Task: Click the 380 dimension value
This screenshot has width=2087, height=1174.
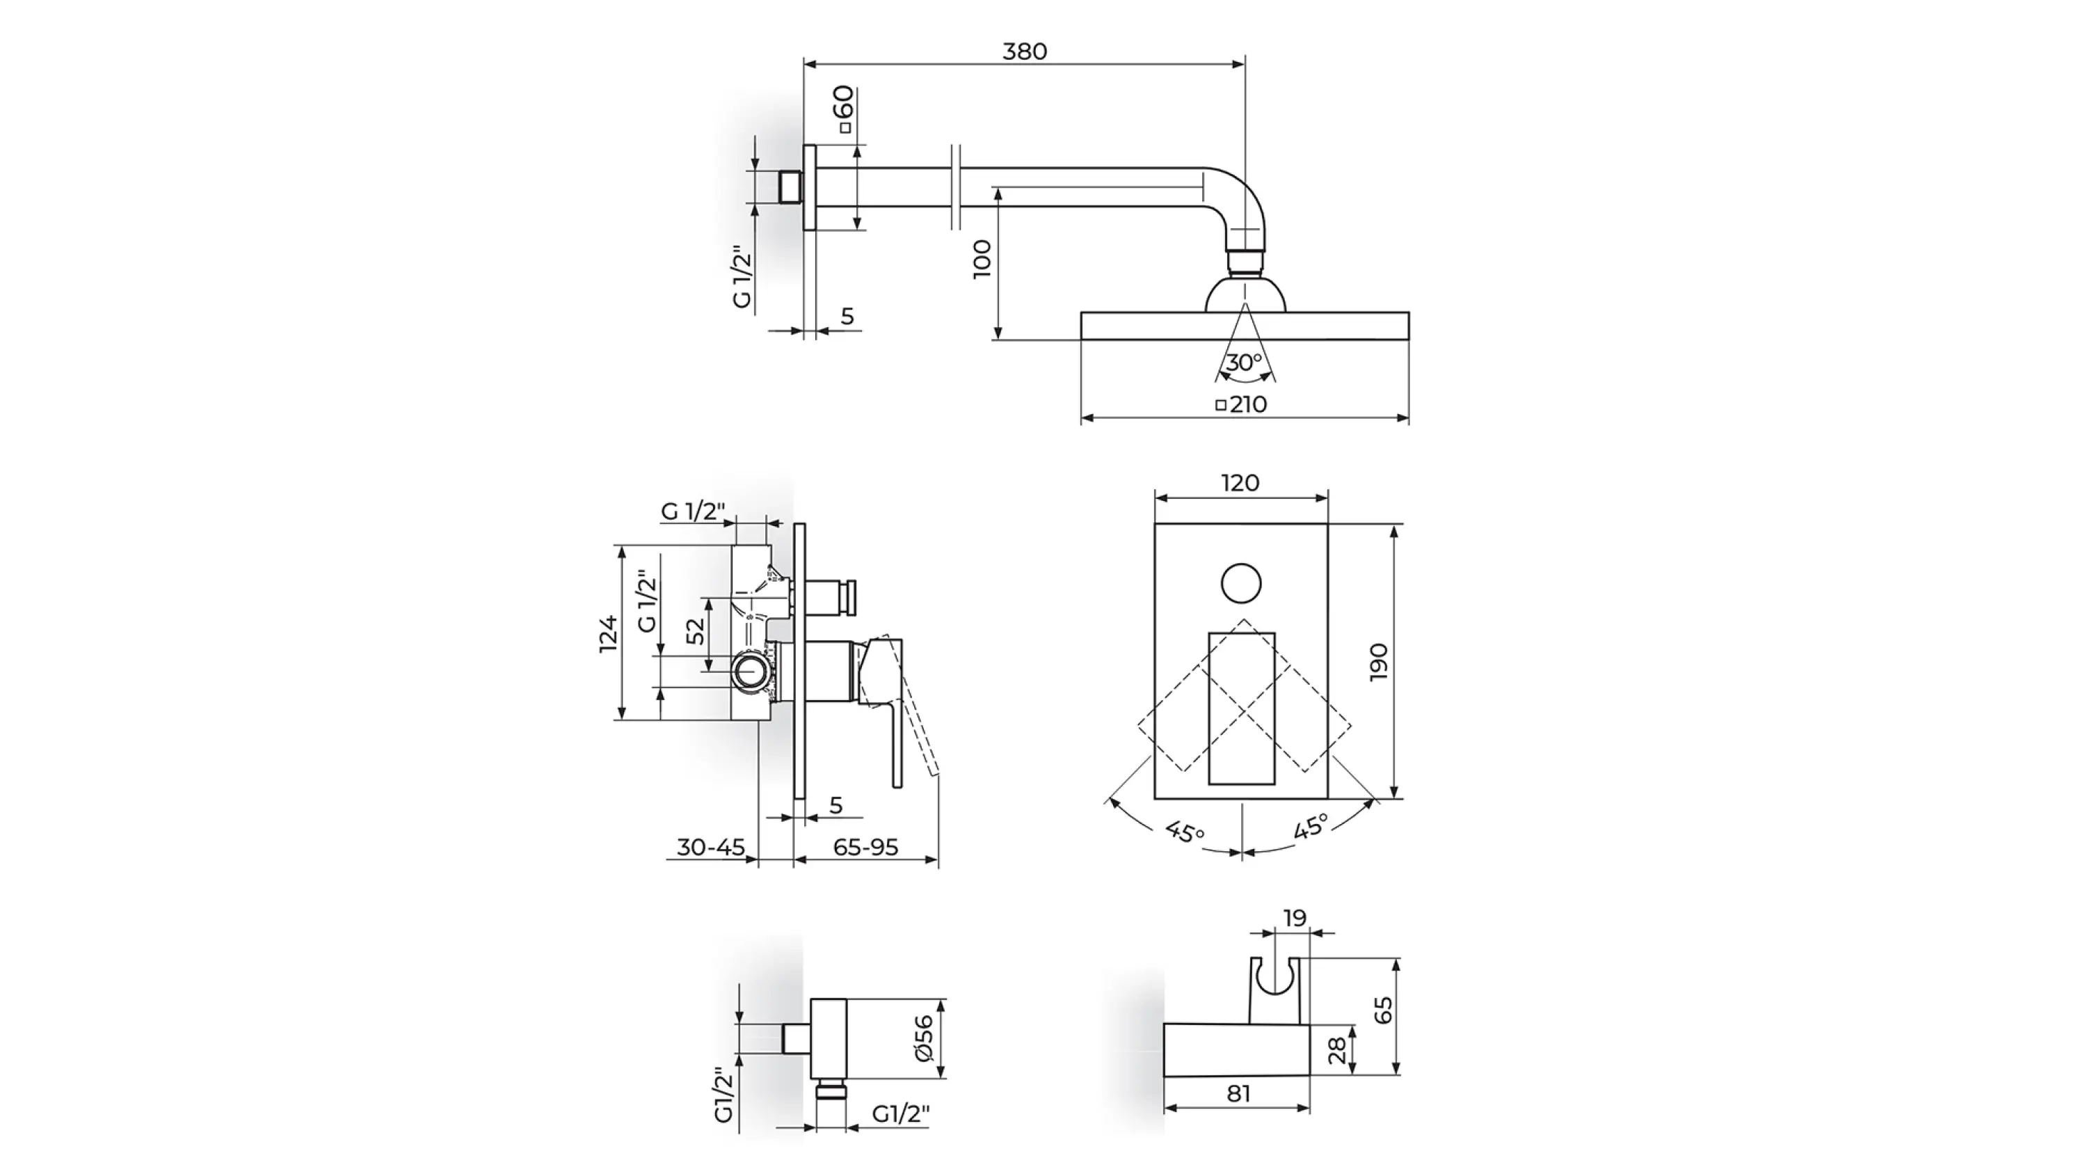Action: pyautogui.click(x=1025, y=51)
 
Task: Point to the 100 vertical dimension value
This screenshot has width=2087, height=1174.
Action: pyautogui.click(x=982, y=258)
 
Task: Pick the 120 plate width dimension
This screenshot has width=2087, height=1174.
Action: pyautogui.click(x=1240, y=483)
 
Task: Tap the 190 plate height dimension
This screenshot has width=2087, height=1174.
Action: pyautogui.click(x=1378, y=662)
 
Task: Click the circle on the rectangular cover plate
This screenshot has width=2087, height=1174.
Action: pyautogui.click(x=1241, y=583)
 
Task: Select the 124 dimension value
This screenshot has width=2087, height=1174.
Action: pyautogui.click(x=609, y=633)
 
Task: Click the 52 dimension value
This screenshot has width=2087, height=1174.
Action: pyautogui.click(x=696, y=631)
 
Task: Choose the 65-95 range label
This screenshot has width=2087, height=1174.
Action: pyautogui.click(x=866, y=848)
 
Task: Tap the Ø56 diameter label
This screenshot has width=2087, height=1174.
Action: pyautogui.click(x=924, y=1039)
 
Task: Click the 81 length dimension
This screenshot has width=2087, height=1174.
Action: pyautogui.click(x=1239, y=1094)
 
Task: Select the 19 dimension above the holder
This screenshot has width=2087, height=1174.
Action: pyautogui.click(x=1295, y=918)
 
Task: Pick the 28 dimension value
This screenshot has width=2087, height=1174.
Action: pyautogui.click(x=1337, y=1051)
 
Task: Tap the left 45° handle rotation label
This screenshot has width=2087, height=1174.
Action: pyautogui.click(x=1185, y=832)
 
